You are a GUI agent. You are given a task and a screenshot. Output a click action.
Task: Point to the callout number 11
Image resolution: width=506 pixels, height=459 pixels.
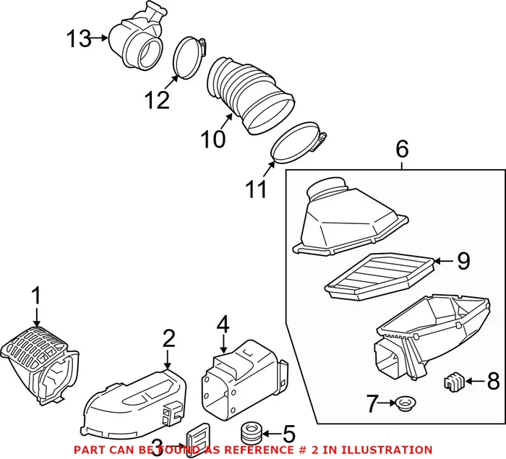(x=255, y=189)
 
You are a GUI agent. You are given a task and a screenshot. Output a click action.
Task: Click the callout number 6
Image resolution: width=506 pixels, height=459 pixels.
(x=402, y=150)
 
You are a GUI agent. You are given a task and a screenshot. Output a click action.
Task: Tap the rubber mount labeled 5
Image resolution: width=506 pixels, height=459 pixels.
(x=250, y=434)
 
